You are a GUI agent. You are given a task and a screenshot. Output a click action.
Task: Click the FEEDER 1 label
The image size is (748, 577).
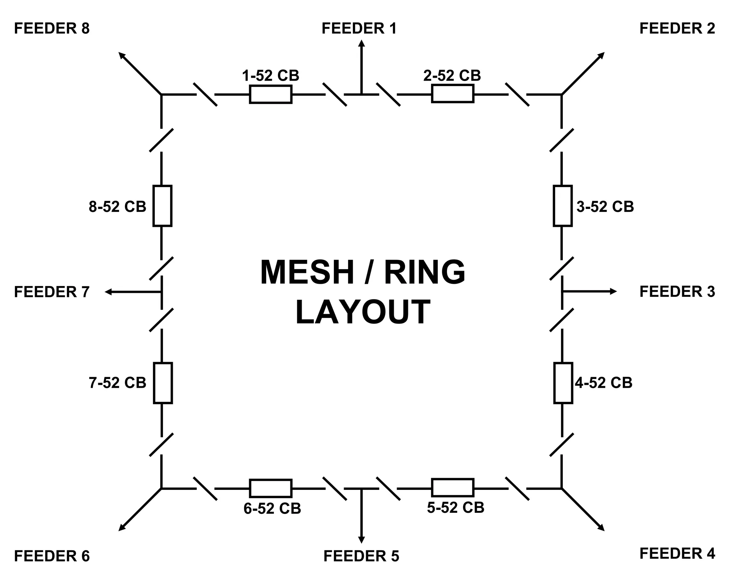coord(359,28)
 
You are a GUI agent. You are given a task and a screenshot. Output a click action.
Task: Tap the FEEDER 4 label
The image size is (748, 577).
coord(677,553)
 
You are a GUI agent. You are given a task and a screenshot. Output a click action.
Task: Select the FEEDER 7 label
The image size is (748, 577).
coord(51,292)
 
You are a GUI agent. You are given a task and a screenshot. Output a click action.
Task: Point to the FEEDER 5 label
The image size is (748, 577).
coord(361,556)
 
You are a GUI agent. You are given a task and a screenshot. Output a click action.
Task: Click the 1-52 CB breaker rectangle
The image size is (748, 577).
coord(271,94)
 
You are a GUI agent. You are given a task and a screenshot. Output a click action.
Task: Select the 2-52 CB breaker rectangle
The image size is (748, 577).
coord(453,94)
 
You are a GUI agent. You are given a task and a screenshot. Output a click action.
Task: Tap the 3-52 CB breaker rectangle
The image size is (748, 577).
coord(562,206)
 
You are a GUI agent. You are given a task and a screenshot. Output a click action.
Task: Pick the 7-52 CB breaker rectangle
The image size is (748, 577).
coord(163,383)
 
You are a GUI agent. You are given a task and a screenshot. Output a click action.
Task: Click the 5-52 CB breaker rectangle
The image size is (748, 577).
coord(453,488)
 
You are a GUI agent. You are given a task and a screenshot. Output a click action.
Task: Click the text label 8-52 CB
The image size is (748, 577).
coord(117,206)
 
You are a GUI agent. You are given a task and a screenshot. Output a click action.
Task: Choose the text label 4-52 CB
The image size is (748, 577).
coord(603,383)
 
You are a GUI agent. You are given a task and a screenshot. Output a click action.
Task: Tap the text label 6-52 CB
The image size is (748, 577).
coord(272,508)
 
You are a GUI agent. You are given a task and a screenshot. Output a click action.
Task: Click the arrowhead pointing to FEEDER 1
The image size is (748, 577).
coord(361,43)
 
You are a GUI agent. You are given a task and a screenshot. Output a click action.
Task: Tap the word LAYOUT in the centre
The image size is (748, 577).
coord(362,312)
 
